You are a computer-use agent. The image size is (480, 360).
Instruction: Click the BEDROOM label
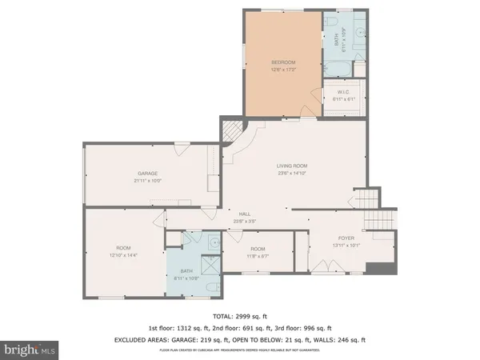(283, 62)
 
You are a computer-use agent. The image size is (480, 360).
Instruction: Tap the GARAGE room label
(147, 174)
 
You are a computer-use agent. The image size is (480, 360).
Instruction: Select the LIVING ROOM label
(292, 166)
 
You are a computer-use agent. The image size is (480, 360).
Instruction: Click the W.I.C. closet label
(340, 93)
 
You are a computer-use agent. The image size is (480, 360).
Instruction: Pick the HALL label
(245, 214)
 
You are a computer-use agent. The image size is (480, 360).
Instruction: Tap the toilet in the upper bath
(358, 34)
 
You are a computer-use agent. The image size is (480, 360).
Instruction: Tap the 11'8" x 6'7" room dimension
(258, 256)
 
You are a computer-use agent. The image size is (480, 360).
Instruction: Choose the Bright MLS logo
(29, 350)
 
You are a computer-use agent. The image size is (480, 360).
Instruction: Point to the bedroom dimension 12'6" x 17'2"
(283, 70)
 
